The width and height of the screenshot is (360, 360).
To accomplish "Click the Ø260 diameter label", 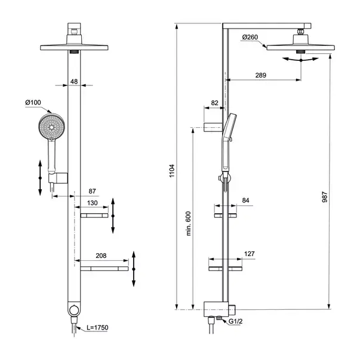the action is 250,37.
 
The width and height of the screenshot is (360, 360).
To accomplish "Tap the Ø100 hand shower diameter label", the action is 33,103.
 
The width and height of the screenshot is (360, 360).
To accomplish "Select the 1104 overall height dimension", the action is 172,171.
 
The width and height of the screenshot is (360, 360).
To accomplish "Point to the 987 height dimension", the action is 325,197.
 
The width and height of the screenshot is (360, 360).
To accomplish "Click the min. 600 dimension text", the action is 188,223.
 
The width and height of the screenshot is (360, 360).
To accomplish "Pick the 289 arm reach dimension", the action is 260,75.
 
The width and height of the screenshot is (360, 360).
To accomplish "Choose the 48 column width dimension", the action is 74,82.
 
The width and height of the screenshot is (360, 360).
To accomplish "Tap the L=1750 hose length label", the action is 97,327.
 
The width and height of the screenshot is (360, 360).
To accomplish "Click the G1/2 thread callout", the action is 235,321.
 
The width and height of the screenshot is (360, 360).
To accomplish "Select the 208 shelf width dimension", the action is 101,256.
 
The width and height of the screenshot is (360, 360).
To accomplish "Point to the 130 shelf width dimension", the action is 93,203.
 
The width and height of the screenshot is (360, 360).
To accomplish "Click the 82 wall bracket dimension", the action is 214,103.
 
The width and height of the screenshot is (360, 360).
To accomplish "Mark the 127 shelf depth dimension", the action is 250,254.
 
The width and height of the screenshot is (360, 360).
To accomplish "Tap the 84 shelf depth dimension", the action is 245,201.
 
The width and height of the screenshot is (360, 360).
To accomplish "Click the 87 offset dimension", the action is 92,191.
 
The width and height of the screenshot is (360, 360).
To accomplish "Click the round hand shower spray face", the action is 51,127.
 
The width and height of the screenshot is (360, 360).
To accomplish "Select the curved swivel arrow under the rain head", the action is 301,60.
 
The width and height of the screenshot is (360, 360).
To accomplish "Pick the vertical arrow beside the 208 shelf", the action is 134,269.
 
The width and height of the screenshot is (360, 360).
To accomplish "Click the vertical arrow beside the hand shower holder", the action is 40,178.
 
